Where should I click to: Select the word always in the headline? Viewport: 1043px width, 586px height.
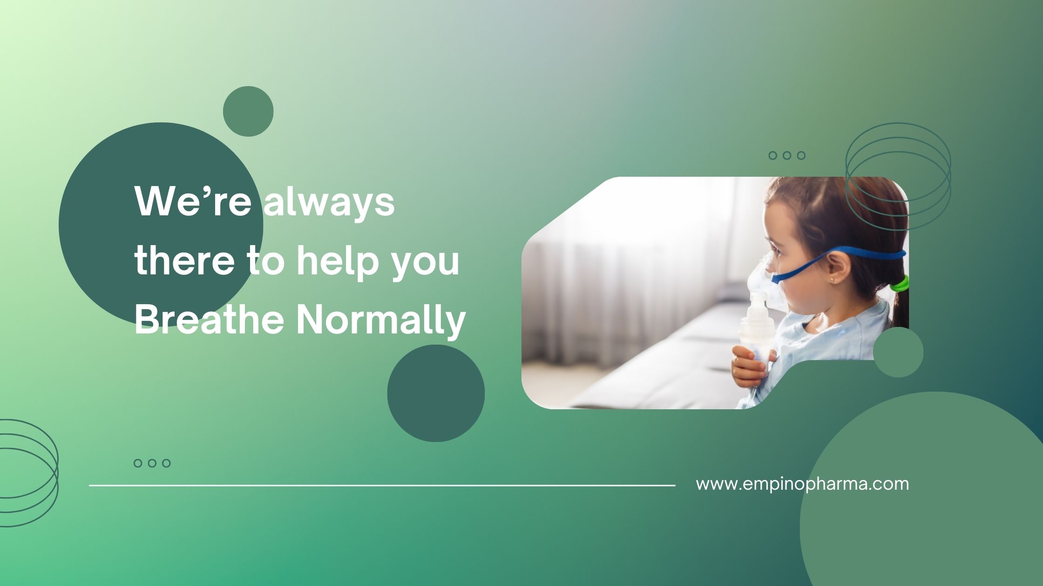coord(329,203)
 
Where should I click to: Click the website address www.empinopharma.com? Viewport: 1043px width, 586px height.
coord(802,484)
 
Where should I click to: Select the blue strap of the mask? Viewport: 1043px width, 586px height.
coord(838,260)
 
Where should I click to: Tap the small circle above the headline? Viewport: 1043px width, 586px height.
coord(248,112)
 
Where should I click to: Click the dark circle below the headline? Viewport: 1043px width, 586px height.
coord(436,393)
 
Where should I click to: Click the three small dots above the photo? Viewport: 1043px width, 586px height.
coord(787,155)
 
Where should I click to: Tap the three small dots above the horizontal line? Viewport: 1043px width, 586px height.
coord(152,463)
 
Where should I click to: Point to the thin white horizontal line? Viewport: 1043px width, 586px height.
coord(382,485)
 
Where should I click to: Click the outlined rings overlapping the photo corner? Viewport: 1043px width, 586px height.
coord(898,123)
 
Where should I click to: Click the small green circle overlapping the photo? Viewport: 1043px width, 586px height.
coord(898,352)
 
